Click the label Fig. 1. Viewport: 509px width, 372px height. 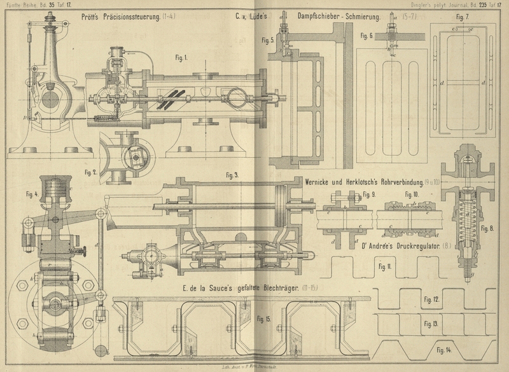183,57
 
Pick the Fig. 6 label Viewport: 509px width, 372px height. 363,36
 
